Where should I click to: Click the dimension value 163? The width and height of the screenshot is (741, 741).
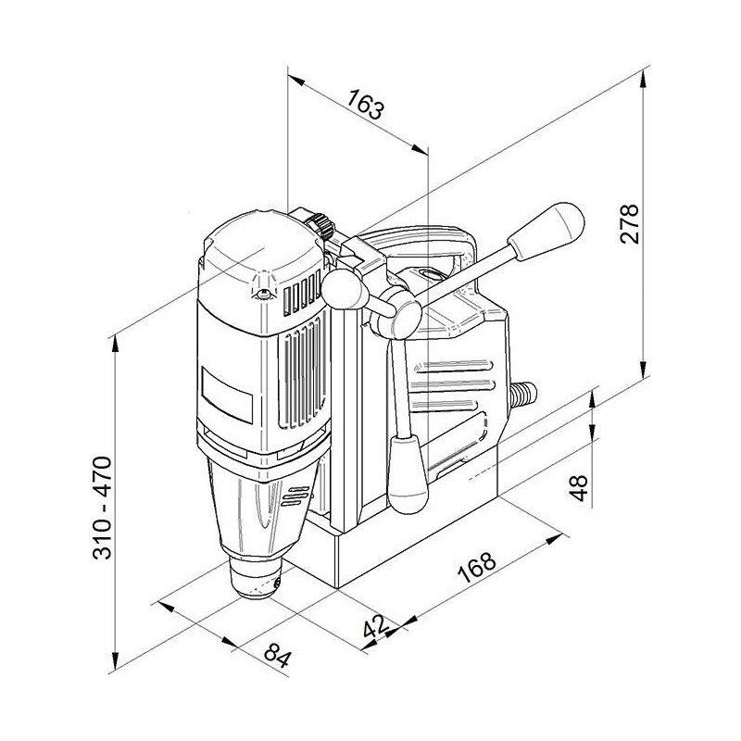tap(365, 105)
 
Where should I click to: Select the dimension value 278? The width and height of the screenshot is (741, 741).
tap(629, 223)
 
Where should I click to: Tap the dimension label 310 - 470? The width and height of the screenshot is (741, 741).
tap(102, 508)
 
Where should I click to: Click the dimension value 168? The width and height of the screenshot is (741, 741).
tap(477, 566)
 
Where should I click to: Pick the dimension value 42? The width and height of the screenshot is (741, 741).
tap(376, 628)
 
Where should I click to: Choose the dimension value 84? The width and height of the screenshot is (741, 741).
tap(276, 655)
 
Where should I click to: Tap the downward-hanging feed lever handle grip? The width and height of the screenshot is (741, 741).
tap(408, 474)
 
